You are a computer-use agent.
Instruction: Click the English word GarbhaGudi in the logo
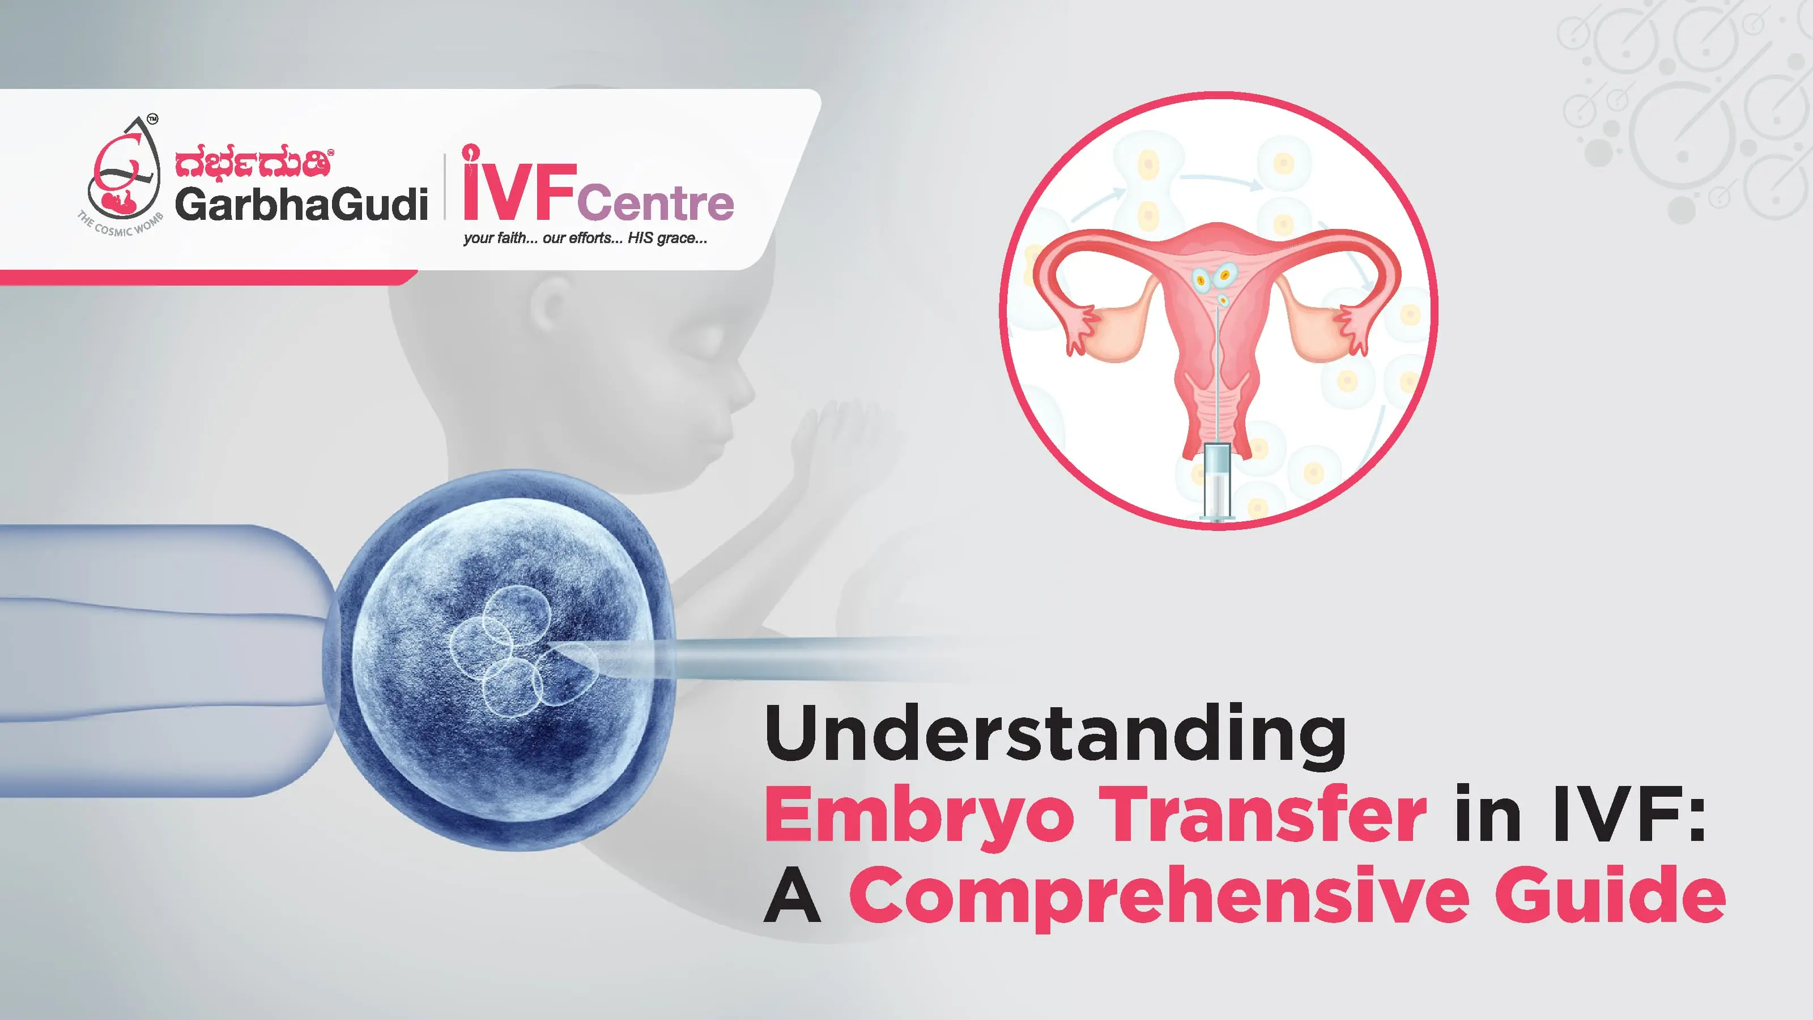coord(301,204)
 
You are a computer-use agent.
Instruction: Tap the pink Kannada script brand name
coord(253,163)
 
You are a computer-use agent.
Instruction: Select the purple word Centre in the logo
coord(656,203)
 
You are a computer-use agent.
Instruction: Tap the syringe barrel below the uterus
coord(1218,482)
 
